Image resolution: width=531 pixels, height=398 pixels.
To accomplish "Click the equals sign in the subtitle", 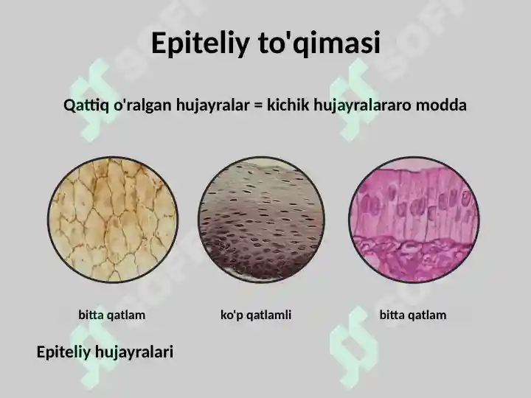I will (258, 105).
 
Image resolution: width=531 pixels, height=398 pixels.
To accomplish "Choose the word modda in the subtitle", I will (441, 105).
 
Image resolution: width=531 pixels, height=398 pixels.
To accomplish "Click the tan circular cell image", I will (112, 219).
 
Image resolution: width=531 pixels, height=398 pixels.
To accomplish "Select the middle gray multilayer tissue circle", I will (263, 219).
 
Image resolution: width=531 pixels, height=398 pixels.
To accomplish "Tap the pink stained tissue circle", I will (414, 219).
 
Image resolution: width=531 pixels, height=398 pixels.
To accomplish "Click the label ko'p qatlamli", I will (256, 315).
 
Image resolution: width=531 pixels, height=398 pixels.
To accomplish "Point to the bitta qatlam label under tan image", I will (111, 315).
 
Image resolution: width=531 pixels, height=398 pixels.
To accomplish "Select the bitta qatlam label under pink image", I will (412, 315).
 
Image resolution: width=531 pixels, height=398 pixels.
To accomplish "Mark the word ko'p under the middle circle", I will (232, 315).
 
